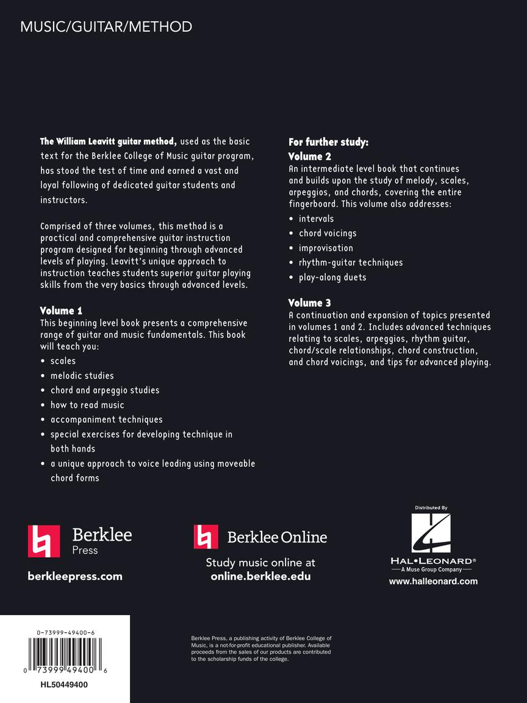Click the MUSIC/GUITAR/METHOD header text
106,27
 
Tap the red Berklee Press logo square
44,541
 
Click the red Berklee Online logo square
206,536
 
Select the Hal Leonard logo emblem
431,533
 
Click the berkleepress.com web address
75,576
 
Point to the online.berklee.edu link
260,576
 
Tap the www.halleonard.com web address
433,581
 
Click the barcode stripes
63,651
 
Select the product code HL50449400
64,685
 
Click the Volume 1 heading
61,311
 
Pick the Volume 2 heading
310,157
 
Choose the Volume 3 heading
310,303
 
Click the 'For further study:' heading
328,143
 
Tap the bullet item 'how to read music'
87,405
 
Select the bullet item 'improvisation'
326,248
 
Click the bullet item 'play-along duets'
332,277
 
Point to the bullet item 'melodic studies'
82,375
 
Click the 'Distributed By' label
431,508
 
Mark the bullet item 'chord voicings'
328,233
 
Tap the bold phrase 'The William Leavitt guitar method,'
109,142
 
